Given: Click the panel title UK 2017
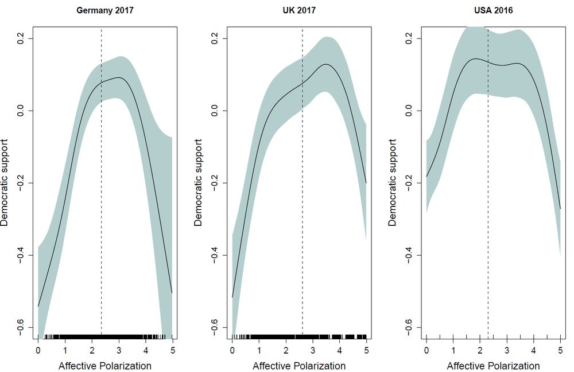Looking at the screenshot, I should pyautogui.click(x=299, y=10).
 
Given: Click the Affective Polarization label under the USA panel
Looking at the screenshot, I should pyautogui.click(x=493, y=366).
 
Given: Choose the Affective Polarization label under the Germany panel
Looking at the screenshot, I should pyautogui.click(x=105, y=366).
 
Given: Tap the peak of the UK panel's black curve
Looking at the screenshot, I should pyautogui.click(x=326, y=64).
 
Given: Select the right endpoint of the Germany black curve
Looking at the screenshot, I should pyautogui.click(x=172, y=293).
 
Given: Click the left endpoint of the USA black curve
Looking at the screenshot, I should pyautogui.click(x=426, y=177).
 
